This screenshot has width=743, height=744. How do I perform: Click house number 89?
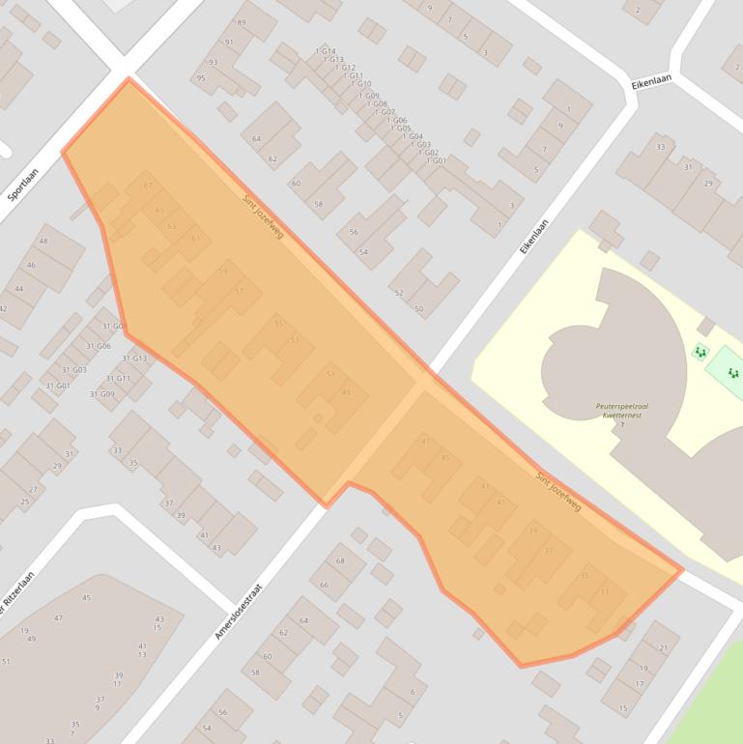click(x=242, y=22)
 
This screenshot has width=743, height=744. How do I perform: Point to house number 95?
click(x=201, y=78)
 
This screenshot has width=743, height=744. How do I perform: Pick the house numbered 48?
click(x=43, y=242)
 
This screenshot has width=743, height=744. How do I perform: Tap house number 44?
click(x=18, y=289)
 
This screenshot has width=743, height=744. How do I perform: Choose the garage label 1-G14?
click(x=326, y=51)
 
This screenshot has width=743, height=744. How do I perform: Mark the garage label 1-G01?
click(x=436, y=161)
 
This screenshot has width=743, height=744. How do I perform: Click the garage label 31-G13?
click(x=134, y=358)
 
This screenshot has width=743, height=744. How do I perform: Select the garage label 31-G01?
click(x=57, y=386)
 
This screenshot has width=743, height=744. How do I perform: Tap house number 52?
click(x=398, y=293)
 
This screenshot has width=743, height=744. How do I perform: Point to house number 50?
click(x=418, y=309)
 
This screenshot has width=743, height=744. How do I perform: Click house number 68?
click(x=340, y=561)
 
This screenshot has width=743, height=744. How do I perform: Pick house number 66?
click(x=324, y=585)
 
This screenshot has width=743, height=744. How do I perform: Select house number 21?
click(x=664, y=648)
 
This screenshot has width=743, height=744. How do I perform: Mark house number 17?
click(x=639, y=684)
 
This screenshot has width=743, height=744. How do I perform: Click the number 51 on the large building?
click(x=6, y=662)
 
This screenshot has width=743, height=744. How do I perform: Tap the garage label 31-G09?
click(x=101, y=394)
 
